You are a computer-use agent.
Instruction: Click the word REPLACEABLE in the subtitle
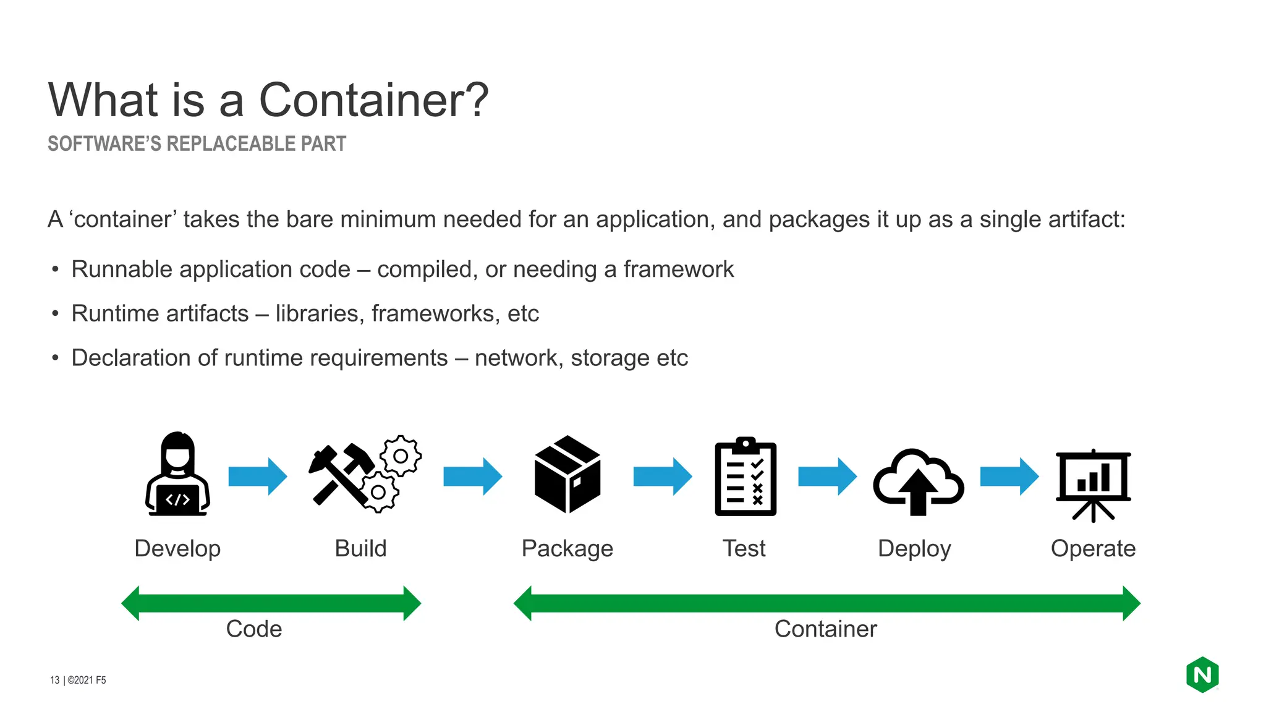(x=231, y=144)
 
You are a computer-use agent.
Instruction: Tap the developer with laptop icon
(x=177, y=474)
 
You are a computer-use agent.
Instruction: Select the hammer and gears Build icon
(x=365, y=475)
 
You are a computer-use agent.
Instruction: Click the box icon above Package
(x=567, y=474)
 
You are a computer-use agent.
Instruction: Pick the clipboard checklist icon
(x=746, y=477)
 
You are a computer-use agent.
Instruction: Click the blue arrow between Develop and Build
(x=257, y=477)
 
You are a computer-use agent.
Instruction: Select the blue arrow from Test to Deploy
(x=826, y=477)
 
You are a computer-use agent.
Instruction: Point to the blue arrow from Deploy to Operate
(x=1009, y=477)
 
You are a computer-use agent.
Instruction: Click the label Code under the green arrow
(x=254, y=629)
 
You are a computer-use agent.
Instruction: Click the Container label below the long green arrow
(x=825, y=629)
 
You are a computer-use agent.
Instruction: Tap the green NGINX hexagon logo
(x=1202, y=675)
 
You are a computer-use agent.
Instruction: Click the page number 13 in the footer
(x=54, y=680)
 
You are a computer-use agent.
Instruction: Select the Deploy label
(x=914, y=549)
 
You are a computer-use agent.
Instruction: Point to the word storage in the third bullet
(x=610, y=358)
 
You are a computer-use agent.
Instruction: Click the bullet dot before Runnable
(x=56, y=270)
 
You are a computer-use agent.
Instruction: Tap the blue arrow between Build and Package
(x=472, y=477)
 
